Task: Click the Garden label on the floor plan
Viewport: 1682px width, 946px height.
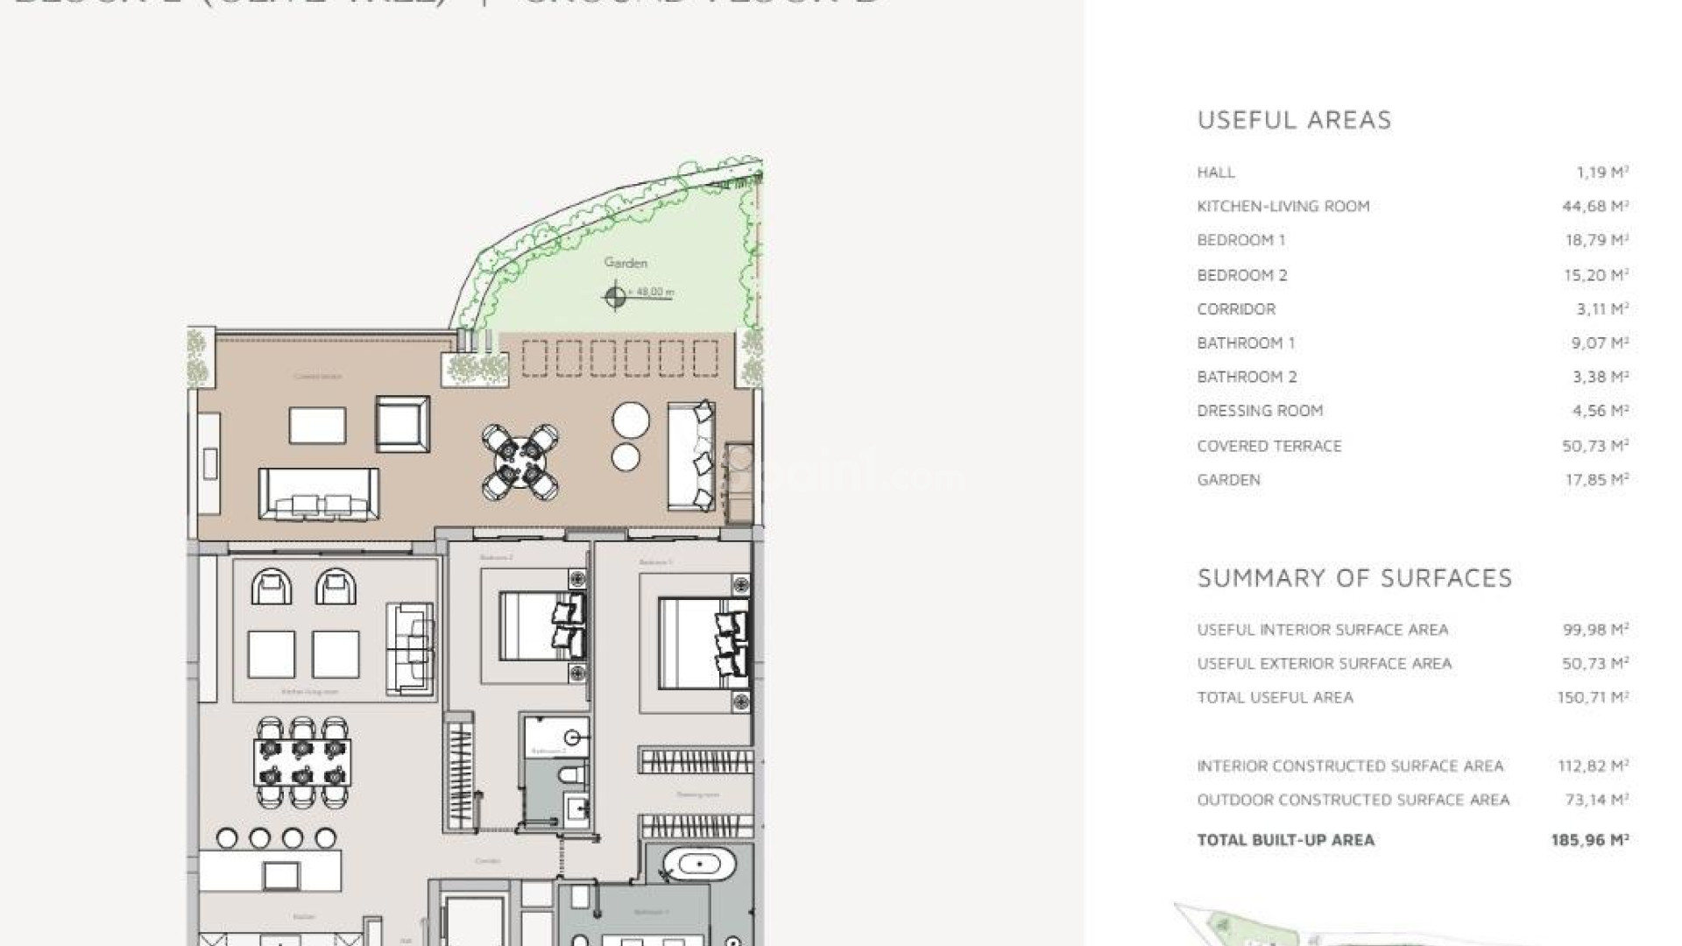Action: point(625,262)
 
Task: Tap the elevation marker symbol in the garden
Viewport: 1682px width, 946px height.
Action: point(615,297)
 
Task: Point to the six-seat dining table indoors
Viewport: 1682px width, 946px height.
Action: point(302,762)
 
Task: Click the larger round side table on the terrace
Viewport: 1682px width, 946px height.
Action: point(631,420)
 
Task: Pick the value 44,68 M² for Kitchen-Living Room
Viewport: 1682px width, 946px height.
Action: point(1596,206)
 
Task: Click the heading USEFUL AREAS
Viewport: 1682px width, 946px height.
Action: point(1294,120)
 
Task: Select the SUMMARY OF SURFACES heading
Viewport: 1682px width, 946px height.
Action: point(1354,578)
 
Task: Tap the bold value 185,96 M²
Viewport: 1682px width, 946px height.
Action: point(1589,840)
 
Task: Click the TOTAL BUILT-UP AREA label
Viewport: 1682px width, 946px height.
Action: point(1285,840)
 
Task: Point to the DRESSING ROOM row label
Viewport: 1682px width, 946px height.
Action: point(1260,411)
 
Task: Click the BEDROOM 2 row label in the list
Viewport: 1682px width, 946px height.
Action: point(1241,275)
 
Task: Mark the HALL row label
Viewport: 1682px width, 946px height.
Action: point(1216,173)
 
